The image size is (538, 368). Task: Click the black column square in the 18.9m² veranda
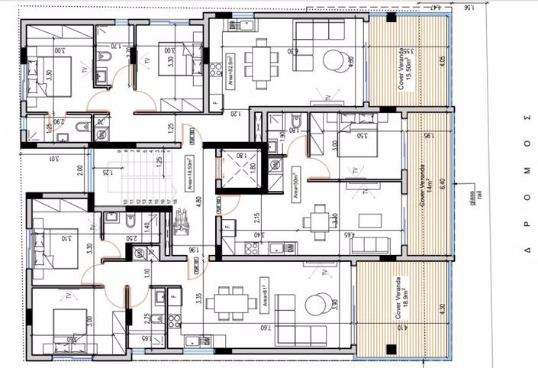click(x=391, y=349)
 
